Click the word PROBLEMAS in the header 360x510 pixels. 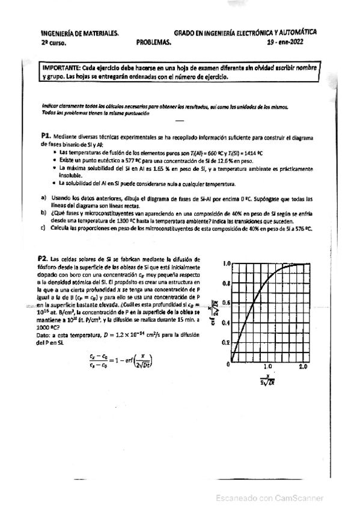coord(154,43)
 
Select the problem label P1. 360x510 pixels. coord(45,137)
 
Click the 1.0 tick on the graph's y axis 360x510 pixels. coord(227,263)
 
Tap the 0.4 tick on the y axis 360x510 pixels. coord(227,323)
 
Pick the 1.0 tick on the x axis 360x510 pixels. coord(267,366)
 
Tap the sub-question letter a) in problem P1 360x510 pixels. coord(43,198)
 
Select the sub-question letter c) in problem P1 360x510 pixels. coord(43,228)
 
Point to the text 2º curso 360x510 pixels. coord(55,43)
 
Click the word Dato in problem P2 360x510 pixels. coord(45,335)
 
